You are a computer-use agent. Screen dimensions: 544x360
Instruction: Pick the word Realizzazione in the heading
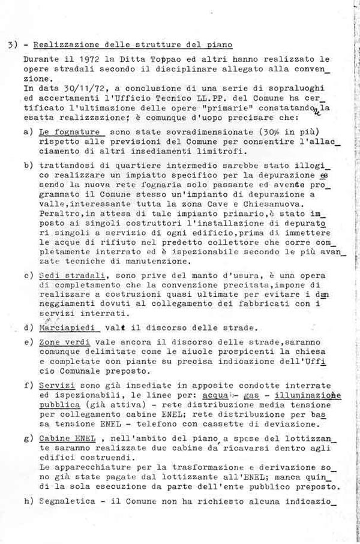(61, 45)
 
